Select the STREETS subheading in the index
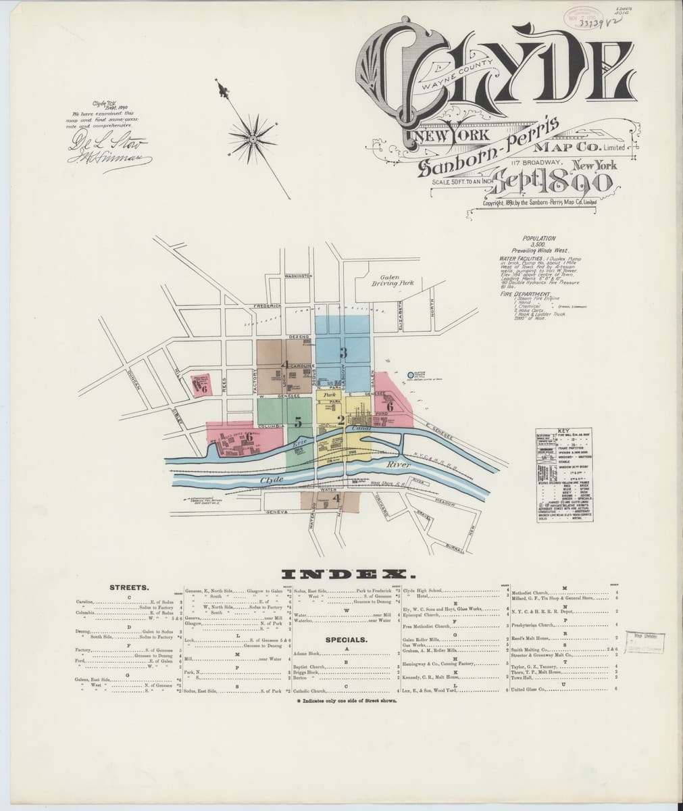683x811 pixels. [129, 587]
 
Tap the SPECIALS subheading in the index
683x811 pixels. [346, 639]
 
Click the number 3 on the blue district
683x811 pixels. [343, 352]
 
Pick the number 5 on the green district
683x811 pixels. [298, 422]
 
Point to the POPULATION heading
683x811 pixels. [539, 239]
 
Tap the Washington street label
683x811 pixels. [298, 276]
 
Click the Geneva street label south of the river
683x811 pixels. [277, 512]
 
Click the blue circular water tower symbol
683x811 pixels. [411, 374]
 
